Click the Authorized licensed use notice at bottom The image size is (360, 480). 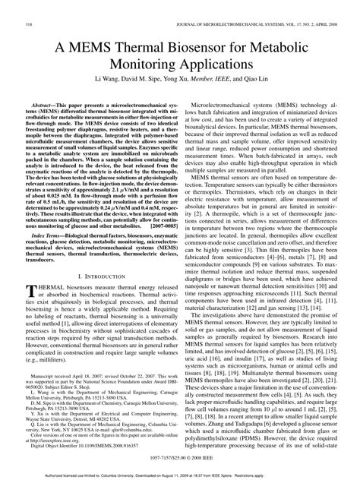click(180, 475)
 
